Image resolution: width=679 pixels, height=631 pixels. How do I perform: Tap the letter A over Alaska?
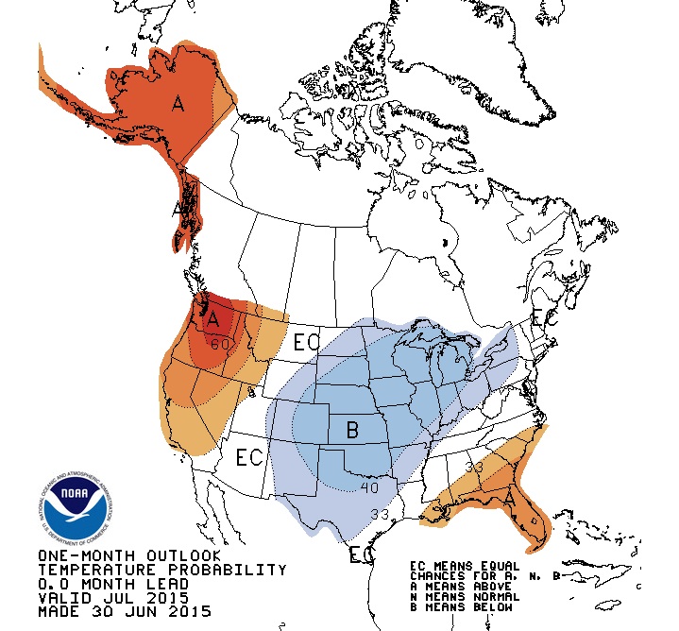[178, 104]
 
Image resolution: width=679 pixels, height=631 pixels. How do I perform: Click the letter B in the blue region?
[352, 431]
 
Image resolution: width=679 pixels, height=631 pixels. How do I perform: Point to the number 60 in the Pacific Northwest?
[221, 344]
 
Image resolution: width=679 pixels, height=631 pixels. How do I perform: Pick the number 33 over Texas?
[380, 515]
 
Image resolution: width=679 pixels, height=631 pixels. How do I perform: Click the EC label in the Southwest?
[248, 459]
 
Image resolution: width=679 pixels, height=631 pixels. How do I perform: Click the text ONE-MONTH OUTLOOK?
[129, 555]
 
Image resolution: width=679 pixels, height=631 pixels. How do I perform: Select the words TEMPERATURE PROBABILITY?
[161, 570]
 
